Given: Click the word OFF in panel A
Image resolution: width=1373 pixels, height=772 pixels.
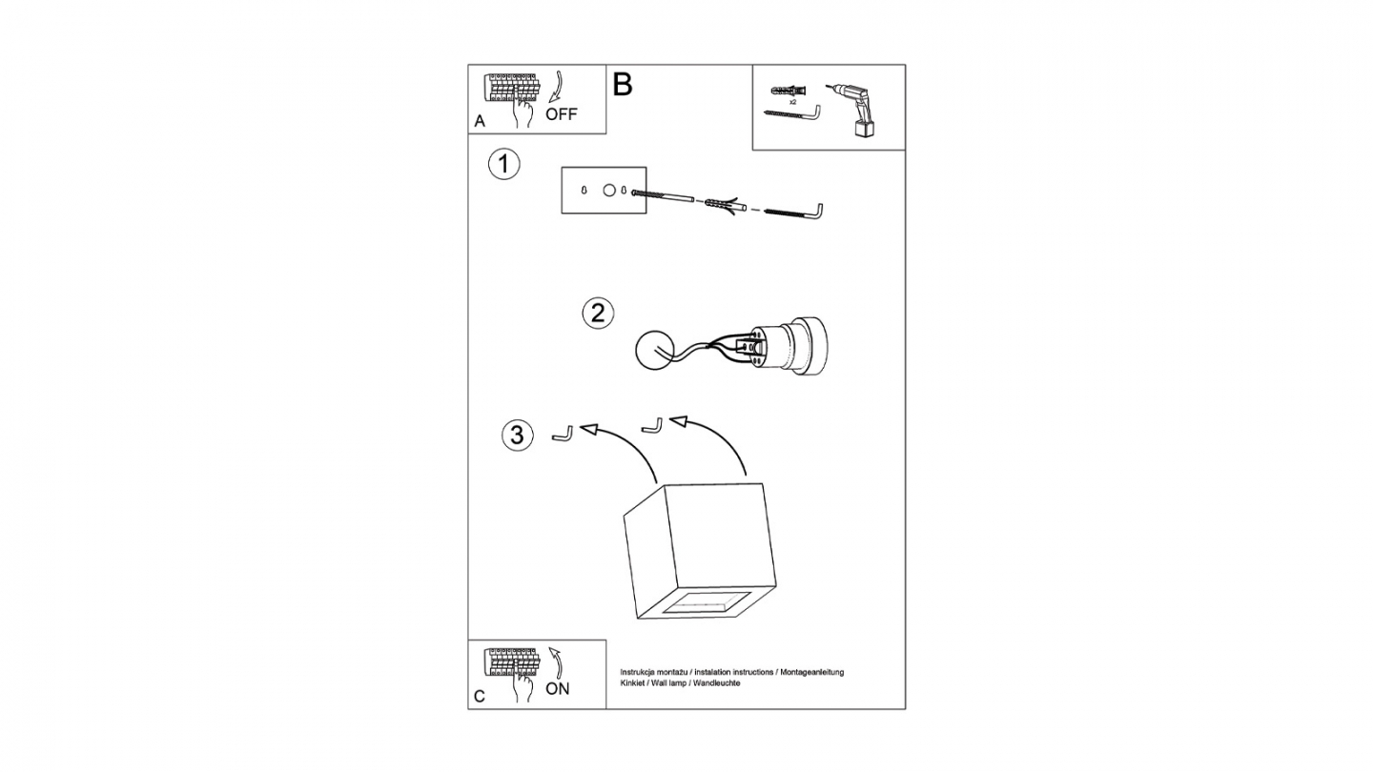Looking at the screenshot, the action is pyautogui.click(x=562, y=114).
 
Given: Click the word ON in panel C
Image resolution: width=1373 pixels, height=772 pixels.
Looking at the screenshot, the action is pyautogui.click(x=558, y=689).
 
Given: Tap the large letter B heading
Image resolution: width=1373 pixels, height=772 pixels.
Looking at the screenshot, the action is pyautogui.click(x=622, y=85).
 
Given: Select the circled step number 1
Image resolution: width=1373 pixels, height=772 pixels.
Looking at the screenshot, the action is pyautogui.click(x=503, y=164).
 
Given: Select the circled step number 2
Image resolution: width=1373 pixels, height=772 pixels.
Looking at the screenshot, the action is pyautogui.click(x=598, y=313).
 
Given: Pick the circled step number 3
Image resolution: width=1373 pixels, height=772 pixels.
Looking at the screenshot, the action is pyautogui.click(x=518, y=436).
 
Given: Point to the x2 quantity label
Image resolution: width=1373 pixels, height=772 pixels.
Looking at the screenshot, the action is pyautogui.click(x=792, y=102).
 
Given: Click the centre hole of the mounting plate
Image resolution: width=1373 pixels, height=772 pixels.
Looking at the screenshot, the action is pyautogui.click(x=608, y=191).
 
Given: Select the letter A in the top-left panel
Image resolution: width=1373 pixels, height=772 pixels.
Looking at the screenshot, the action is pyautogui.click(x=480, y=121).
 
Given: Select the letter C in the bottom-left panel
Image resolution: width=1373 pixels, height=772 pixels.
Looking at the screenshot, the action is pyautogui.click(x=480, y=697).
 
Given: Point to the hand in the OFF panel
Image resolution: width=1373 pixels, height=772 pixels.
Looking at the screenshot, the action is pyautogui.click(x=523, y=111).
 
